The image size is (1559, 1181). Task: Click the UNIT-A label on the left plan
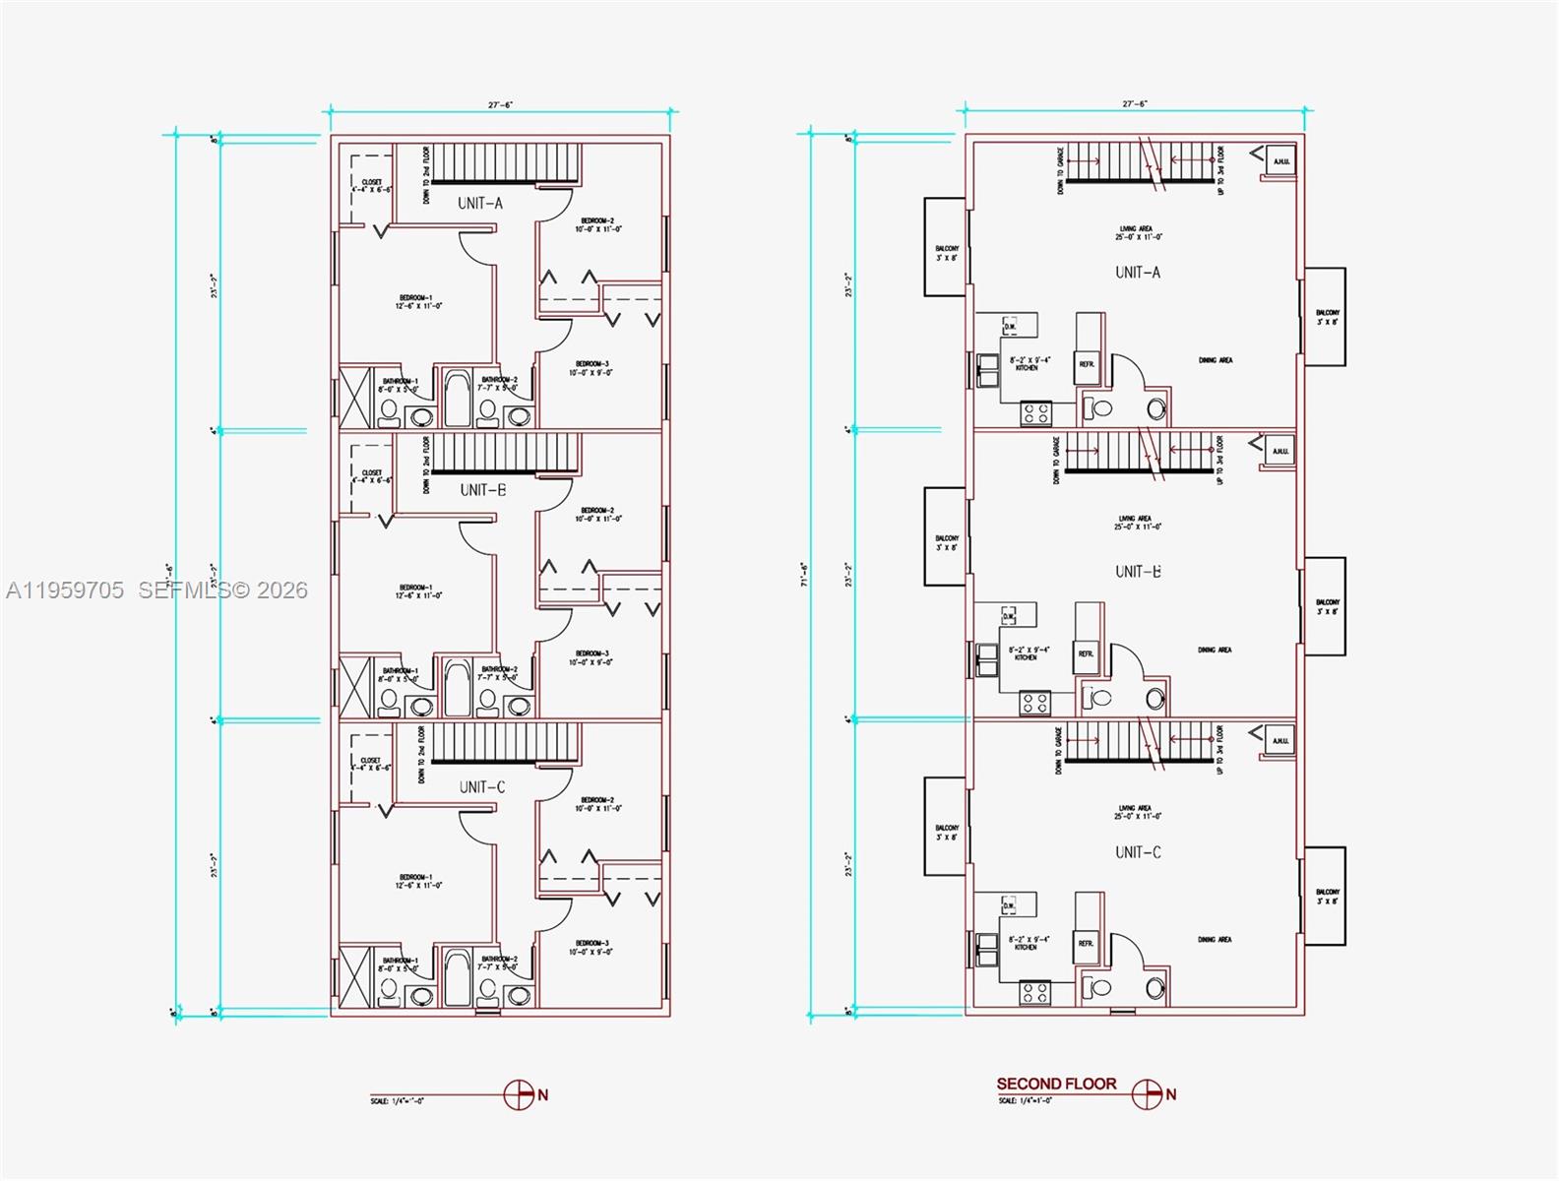click(480, 203)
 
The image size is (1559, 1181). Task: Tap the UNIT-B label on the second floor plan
click(1138, 572)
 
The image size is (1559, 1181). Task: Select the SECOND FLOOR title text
click(1056, 1084)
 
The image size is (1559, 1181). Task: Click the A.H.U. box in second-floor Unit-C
click(1279, 741)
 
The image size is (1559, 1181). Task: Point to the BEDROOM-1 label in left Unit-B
click(418, 591)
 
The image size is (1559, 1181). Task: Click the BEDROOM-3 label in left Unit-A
click(591, 368)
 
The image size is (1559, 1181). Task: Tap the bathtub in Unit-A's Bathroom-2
click(457, 398)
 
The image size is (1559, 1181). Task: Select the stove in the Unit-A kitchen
click(1035, 413)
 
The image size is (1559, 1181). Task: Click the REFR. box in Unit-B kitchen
click(1086, 653)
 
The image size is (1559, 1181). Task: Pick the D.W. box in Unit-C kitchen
click(1009, 904)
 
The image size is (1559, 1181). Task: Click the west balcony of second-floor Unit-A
click(945, 247)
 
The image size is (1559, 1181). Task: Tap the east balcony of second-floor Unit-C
click(1326, 897)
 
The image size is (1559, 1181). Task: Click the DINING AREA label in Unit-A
click(1215, 360)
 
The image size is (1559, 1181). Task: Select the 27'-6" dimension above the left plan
click(500, 104)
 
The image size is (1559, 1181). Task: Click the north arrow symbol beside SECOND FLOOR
click(1147, 1094)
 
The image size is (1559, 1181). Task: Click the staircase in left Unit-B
click(505, 454)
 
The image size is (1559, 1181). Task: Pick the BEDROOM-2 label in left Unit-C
click(598, 804)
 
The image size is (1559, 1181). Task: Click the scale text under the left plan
click(397, 1101)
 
